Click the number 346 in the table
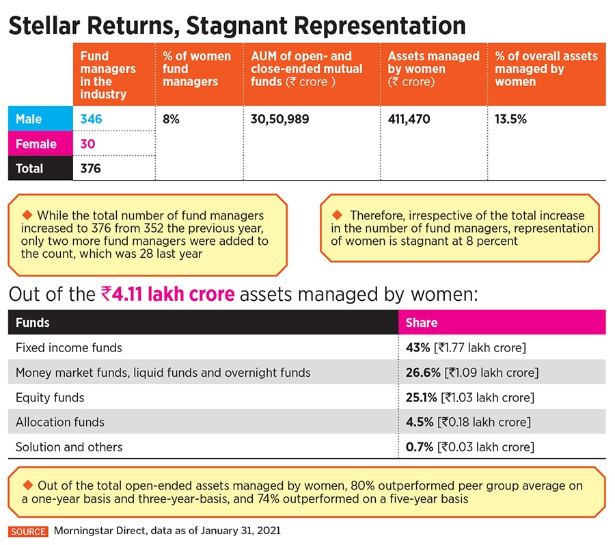[91, 119]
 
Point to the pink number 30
[87, 144]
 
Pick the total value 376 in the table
[91, 169]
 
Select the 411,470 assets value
[409, 119]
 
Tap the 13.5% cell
[510, 119]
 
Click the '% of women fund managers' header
[197, 69]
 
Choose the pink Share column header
[422, 322]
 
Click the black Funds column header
[33, 322]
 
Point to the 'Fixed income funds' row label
[69, 348]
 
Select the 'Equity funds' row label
[50, 397]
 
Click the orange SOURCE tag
[28, 531]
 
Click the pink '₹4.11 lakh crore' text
[167, 295]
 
